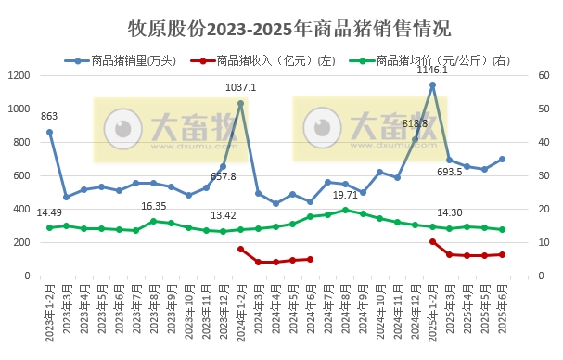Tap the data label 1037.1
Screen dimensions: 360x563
pos(241,87)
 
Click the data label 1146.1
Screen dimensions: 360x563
pos(432,70)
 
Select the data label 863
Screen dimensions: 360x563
pos(49,116)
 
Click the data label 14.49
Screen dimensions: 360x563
pos(49,212)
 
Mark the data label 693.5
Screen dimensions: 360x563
pos(450,172)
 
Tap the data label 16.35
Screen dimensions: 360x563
pos(154,206)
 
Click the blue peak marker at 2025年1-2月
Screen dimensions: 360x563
pos(432,85)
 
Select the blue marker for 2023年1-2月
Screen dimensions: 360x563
pos(49,132)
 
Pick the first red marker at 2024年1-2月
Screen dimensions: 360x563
pos(241,249)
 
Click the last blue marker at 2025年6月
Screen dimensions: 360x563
pos(502,159)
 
